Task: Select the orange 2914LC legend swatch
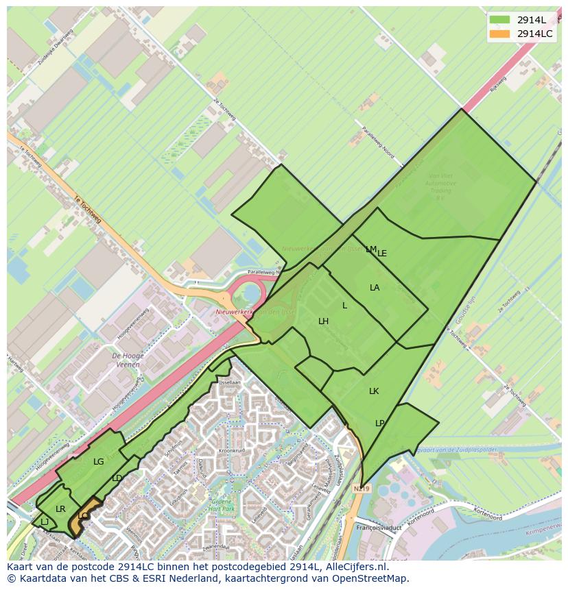[x=499, y=34]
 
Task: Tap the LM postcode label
[x=370, y=249]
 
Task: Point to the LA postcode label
[x=375, y=288]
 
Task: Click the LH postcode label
[x=323, y=321]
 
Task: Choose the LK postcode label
[x=374, y=391]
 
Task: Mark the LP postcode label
[x=380, y=423]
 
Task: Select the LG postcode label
[x=99, y=462]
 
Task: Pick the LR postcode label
[x=60, y=509]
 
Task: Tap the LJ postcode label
[x=45, y=522]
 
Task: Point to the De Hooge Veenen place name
[x=126, y=360]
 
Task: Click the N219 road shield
[x=362, y=489]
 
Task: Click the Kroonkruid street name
[x=232, y=451]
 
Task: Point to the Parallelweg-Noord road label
[x=379, y=144]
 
